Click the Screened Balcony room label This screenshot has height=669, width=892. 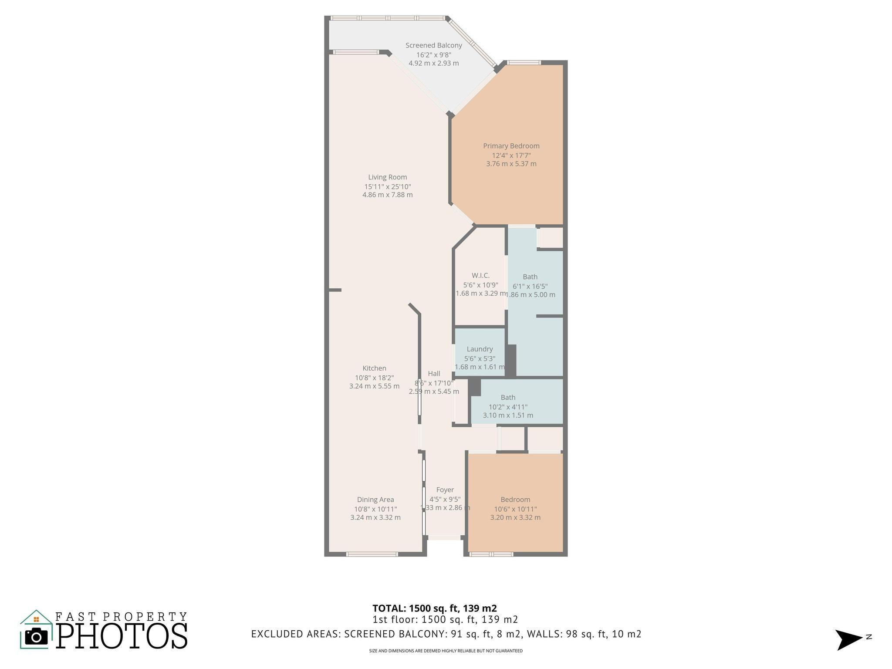[x=433, y=45]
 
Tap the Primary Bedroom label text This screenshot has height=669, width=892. [x=511, y=146]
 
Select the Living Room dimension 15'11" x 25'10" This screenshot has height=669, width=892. [x=387, y=186]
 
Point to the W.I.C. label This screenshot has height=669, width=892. [x=480, y=275]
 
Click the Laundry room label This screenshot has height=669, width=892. [x=480, y=349]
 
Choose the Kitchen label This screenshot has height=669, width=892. [x=374, y=368]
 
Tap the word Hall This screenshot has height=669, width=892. [x=434, y=373]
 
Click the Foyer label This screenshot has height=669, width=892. [x=445, y=490]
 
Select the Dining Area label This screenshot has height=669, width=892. [x=375, y=500]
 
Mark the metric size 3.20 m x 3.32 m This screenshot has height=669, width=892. [x=515, y=517]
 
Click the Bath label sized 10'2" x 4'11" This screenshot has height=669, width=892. [x=508, y=397]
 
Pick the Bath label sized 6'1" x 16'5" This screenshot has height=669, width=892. [x=530, y=277]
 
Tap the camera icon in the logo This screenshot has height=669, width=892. [x=36, y=637]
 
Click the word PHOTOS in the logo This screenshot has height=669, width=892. [x=122, y=636]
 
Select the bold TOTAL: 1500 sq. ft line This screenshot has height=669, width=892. [x=434, y=608]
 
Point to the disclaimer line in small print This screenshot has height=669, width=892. [x=446, y=651]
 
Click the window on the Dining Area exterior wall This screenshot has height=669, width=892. [x=372, y=554]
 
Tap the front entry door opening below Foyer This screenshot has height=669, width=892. [x=444, y=538]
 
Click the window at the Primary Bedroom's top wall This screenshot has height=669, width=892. [x=524, y=63]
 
